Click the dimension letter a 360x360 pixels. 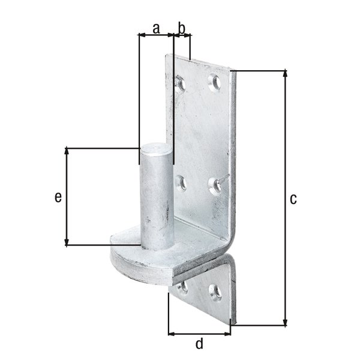point(156,27)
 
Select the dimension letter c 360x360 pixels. point(293,199)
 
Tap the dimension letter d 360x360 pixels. point(199,344)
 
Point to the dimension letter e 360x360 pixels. point(58,197)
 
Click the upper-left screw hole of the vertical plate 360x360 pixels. point(181,82)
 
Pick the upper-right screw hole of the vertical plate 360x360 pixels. point(214,82)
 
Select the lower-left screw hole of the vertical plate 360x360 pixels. point(180,181)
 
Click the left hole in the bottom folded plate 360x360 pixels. point(183,287)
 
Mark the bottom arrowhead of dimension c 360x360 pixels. point(285,322)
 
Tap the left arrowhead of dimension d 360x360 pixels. point(172,333)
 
